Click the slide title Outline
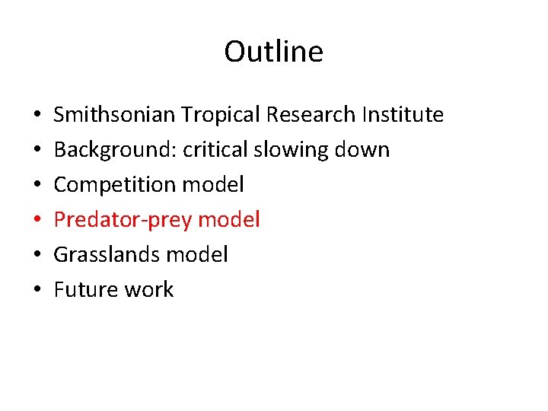273,52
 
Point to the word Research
311,115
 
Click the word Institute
403,115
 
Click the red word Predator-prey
122,220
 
